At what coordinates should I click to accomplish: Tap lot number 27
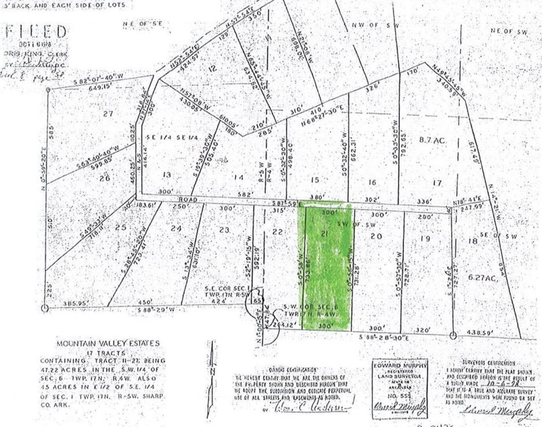pyautogui.click(x=108, y=114)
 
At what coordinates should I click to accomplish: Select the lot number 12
pyautogui.click(x=212, y=69)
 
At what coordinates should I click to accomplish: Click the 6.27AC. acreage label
pyautogui.click(x=483, y=278)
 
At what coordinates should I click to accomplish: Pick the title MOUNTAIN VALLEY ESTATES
pyautogui.click(x=108, y=344)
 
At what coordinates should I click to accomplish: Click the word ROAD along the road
pyautogui.click(x=189, y=200)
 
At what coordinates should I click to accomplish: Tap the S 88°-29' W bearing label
pyautogui.click(x=156, y=310)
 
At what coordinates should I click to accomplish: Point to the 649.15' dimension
pyautogui.click(x=97, y=87)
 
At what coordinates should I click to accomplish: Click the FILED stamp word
pyautogui.click(x=37, y=32)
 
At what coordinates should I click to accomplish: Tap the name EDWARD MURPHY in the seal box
pyautogui.click(x=400, y=365)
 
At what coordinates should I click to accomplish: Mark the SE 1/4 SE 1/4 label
pyautogui.click(x=168, y=138)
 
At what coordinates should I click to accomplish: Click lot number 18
pyautogui.click(x=473, y=241)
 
